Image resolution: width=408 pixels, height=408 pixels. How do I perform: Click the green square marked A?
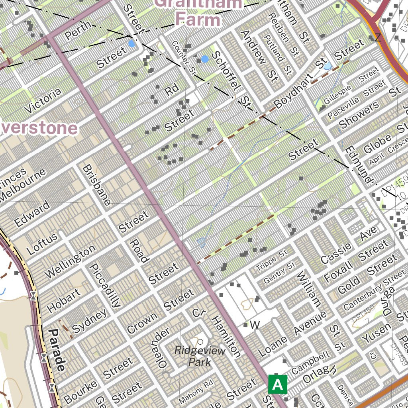pyautogui.click(x=277, y=384)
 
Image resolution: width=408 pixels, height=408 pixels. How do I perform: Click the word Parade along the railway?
pyautogui.click(x=57, y=350)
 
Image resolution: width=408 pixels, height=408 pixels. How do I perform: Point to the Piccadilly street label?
pyautogui.click(x=104, y=286)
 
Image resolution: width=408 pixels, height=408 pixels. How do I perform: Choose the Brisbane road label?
pyautogui.click(x=96, y=185)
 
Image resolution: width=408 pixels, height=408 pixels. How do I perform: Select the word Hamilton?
pyautogui.click(x=226, y=336)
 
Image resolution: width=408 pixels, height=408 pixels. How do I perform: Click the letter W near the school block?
pyautogui.click(x=255, y=325)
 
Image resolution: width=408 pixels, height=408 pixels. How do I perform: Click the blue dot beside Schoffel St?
pyautogui.click(x=205, y=59)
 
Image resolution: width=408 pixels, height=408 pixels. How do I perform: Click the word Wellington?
pyautogui.click(x=70, y=261)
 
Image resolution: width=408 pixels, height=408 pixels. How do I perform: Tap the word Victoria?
pyautogui.click(x=43, y=100)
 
